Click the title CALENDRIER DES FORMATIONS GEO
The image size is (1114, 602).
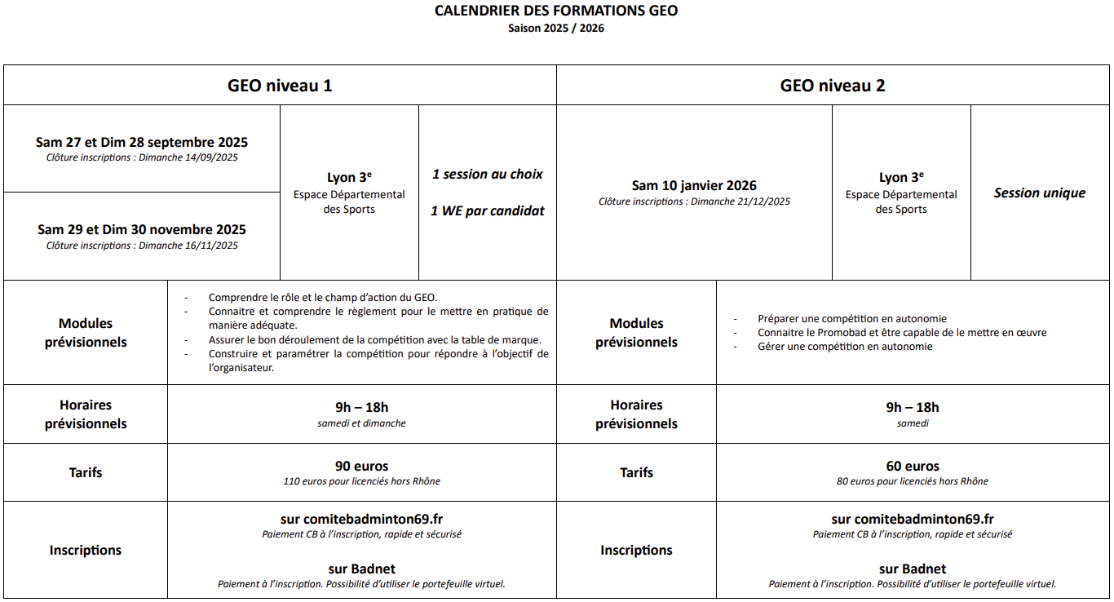556,11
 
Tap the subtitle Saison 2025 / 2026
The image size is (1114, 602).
556,28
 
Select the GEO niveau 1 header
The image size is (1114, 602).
280,86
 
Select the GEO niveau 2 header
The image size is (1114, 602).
833,86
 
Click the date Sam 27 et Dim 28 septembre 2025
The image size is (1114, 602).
142,143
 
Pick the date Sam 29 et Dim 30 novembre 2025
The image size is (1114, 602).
142,230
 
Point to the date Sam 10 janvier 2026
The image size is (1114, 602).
694,186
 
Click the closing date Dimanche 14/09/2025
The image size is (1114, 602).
188,158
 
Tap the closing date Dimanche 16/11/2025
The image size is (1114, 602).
188,246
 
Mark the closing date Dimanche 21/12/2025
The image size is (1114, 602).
740,201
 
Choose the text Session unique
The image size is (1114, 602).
1040,193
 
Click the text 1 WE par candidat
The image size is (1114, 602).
488,210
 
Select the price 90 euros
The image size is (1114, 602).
362,467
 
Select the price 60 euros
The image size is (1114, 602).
913,467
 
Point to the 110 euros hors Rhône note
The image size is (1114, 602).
362,481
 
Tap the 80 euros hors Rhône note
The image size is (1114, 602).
913,481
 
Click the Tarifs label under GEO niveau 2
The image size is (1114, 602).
636,472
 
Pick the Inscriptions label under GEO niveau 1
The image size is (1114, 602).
86,551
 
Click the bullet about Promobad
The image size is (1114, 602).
901,333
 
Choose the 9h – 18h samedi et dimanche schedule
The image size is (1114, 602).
362,414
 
